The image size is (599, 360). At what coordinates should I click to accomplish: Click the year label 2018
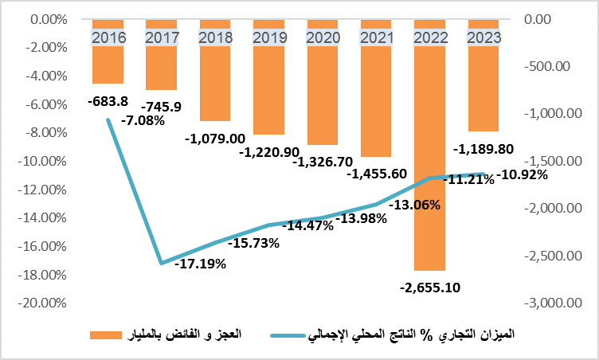coord(215,37)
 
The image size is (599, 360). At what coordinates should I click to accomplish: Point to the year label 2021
coord(376,37)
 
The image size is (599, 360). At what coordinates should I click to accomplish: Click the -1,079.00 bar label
coord(215,139)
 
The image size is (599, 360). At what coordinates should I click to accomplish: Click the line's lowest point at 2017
coord(162,263)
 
